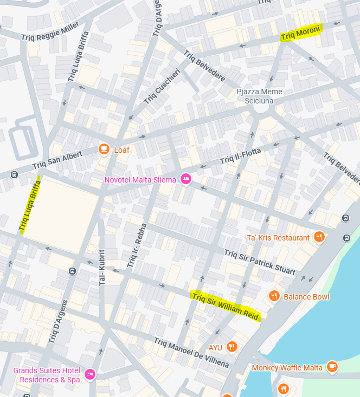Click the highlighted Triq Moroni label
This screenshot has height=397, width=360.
[301, 33]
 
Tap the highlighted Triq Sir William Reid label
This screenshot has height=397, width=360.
[226, 307]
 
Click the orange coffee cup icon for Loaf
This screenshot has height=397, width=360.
[104, 149]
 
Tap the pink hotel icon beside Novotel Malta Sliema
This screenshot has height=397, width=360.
[186, 179]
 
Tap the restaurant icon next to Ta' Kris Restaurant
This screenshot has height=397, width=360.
[319, 237]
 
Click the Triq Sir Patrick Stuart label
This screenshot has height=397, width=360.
[260, 262]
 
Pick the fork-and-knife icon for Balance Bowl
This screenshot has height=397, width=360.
[274, 296]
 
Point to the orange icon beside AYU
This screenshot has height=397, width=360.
[232, 347]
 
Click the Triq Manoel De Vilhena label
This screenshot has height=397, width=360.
[191, 353]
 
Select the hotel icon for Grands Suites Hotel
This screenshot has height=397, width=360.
[90, 374]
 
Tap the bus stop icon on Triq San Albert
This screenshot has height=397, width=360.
[14, 174]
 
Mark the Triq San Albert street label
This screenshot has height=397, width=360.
[57, 160]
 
